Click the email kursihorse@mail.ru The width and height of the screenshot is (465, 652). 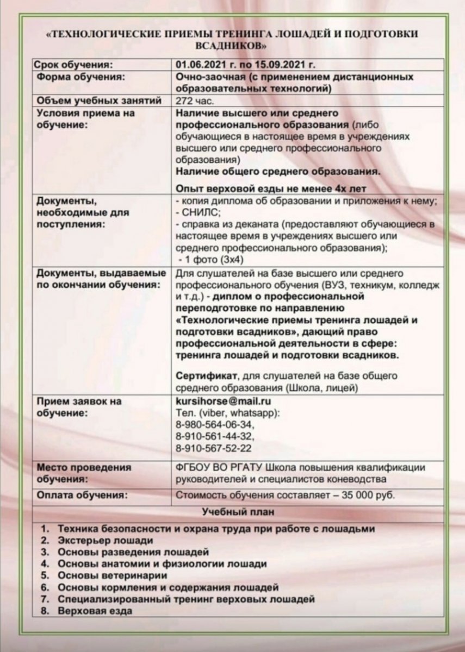coord(224,402)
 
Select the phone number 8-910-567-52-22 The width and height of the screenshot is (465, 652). coord(214,448)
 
